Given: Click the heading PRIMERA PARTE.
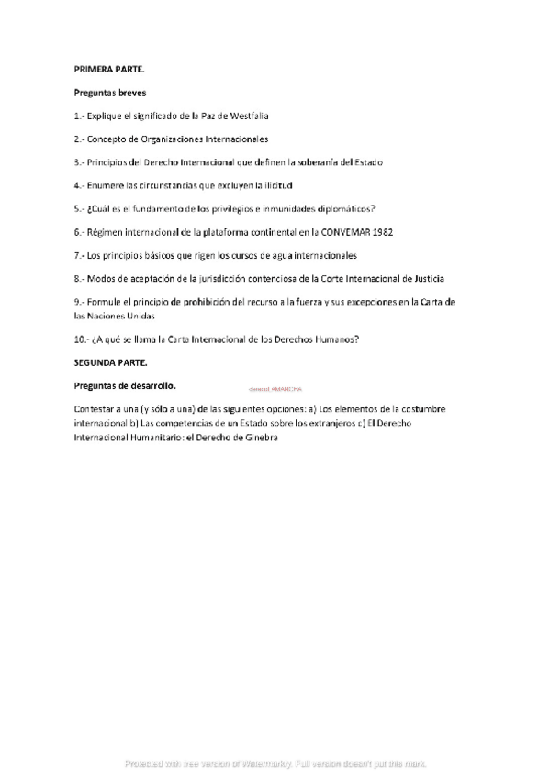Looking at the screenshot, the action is click(x=105, y=69).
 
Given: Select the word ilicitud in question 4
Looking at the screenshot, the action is click(x=275, y=185).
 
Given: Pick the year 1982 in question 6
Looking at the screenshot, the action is click(x=381, y=232).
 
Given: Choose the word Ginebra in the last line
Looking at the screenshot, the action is click(x=258, y=438).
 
